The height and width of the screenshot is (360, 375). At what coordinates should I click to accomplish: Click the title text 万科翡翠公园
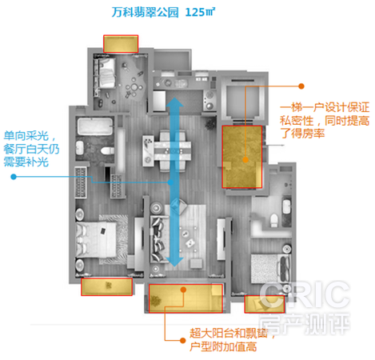pos(145,12)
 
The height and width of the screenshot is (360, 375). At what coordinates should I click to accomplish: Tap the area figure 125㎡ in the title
pos(200,12)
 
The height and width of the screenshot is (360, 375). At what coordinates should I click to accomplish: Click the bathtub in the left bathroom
pos(95,126)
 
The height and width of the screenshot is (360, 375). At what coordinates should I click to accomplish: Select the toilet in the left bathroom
pos(107,151)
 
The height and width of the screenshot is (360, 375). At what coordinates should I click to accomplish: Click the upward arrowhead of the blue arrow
pos(174,102)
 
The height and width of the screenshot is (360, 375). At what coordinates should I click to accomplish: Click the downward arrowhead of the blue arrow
pos(174,262)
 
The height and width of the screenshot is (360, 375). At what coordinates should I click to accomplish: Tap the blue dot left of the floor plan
pos(14,177)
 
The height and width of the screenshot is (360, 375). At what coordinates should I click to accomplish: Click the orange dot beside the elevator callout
pos(301,86)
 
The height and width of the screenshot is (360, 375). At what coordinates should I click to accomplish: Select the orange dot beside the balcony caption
pos(183,340)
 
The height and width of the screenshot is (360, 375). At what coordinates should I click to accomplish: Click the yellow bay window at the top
pos(121,44)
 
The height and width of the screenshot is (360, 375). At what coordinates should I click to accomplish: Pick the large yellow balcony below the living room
pos(186,298)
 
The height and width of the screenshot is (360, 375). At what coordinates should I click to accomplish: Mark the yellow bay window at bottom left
pos(106,286)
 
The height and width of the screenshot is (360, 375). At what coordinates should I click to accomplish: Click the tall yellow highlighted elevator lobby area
pos(242,157)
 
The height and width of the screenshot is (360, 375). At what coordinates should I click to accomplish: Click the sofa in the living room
pos(158,239)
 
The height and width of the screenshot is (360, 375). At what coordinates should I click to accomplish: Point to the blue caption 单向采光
pos(26,136)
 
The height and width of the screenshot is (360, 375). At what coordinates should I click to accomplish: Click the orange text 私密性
pos(297,121)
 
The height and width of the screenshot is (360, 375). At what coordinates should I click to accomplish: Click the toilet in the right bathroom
pos(274,220)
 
